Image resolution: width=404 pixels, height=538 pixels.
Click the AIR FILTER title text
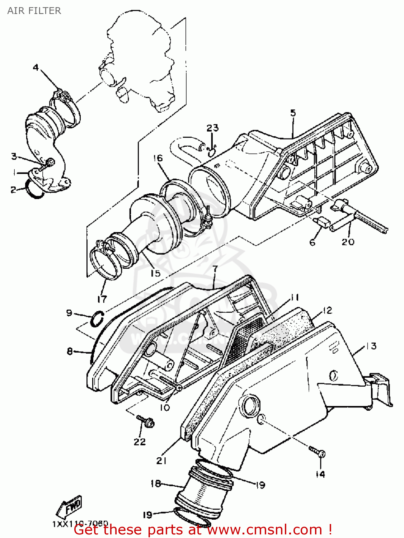click(34, 11)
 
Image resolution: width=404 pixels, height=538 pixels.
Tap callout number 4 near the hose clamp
click(36, 67)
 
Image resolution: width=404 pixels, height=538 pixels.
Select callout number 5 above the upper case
click(293, 113)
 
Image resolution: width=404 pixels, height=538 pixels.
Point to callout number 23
click(212, 128)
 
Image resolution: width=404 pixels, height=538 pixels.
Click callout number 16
click(158, 158)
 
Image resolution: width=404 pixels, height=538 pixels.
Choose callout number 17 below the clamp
click(102, 298)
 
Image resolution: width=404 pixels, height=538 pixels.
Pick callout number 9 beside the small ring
click(69, 313)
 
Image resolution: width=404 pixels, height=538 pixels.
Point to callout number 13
click(371, 346)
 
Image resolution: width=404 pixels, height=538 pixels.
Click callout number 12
click(327, 310)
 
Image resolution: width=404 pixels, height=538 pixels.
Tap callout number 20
click(348, 242)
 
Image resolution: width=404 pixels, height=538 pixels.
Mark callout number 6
click(312, 242)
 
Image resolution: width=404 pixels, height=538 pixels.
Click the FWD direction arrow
click(69, 506)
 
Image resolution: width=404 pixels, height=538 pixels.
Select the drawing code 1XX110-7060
click(80, 524)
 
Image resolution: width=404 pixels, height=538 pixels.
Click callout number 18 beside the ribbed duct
click(156, 483)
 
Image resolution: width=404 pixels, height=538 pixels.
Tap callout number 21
click(161, 461)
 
